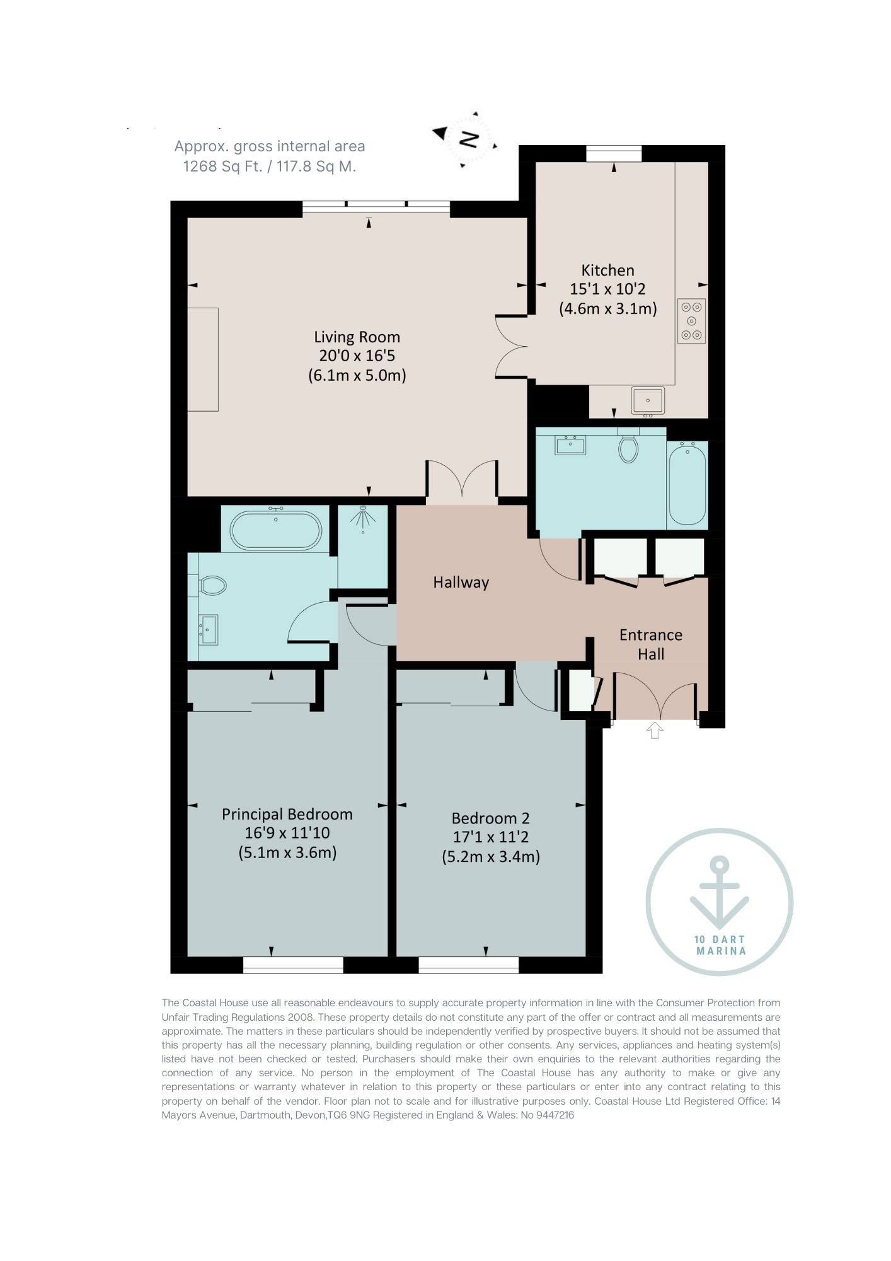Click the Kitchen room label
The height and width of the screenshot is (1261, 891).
coord(607,270)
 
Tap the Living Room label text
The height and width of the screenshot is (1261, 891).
coord(357,337)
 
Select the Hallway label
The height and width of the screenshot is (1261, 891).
coord(461,583)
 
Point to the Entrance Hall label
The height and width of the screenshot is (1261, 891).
coord(651,644)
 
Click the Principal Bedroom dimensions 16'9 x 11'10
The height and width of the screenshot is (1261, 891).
coord(287,833)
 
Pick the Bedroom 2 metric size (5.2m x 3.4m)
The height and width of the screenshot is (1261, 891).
coord(491,857)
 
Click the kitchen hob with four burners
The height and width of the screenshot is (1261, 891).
coord(691,321)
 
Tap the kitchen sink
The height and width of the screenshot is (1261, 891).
coord(648,400)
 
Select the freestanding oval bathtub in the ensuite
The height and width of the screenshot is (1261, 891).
coord(276,530)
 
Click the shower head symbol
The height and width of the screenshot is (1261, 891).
coord(364,518)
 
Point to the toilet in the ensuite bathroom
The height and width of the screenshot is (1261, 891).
coord(212,586)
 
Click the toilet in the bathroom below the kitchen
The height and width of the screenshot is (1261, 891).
coord(628,448)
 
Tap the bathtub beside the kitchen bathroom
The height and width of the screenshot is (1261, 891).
coord(687,484)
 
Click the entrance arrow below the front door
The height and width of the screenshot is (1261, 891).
coord(655,730)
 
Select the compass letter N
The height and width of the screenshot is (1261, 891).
coord(469,139)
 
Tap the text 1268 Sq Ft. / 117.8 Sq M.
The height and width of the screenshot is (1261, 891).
coord(270,166)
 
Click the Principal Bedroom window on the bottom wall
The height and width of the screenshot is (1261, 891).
coord(293,965)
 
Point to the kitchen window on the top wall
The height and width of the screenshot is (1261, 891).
coord(614,153)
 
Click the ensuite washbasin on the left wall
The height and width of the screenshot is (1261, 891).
coord(209,630)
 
